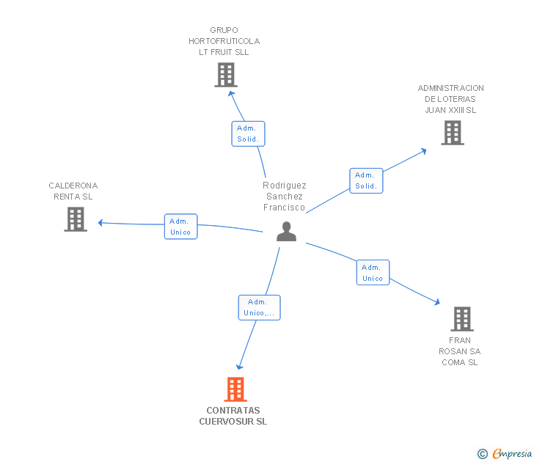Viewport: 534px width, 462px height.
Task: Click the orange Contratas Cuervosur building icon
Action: pyautogui.click(x=235, y=389)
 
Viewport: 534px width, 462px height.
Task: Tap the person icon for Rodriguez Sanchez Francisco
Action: pyautogui.click(x=286, y=232)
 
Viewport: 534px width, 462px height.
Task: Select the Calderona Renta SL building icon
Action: pyautogui.click(x=76, y=219)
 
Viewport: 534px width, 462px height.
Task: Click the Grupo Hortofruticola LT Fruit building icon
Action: pyautogui.click(x=226, y=75)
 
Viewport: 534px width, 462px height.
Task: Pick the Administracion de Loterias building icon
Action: pyautogui.click(x=453, y=133)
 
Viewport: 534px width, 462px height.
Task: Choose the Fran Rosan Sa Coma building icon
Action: pyautogui.click(x=462, y=319)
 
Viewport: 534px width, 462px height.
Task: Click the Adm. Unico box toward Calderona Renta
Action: pyautogui.click(x=181, y=227)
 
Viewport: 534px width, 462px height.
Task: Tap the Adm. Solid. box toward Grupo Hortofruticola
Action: pyautogui.click(x=248, y=133)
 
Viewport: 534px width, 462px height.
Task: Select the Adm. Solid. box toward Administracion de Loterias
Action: pyautogui.click(x=367, y=181)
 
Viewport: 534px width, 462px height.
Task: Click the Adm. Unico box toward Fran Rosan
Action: pyautogui.click(x=373, y=272)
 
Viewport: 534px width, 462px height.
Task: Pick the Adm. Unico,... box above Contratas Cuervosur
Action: pyautogui.click(x=259, y=307)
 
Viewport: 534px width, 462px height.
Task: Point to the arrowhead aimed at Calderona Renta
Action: pyautogui.click(x=100, y=223)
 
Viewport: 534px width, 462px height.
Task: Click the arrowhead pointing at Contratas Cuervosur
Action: pyautogui.click(x=240, y=367)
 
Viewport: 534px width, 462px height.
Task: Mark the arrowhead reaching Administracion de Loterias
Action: pyautogui.click(x=424, y=151)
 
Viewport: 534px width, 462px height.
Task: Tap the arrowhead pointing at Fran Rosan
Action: pyautogui.click(x=437, y=301)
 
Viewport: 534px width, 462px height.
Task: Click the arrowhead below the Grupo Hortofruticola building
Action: pyautogui.click(x=231, y=94)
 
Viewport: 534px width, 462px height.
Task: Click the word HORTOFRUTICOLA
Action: pyautogui.click(x=224, y=41)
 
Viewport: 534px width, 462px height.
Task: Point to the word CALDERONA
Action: pyautogui.click(x=73, y=186)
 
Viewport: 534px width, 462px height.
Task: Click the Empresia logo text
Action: pyautogui.click(x=512, y=453)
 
